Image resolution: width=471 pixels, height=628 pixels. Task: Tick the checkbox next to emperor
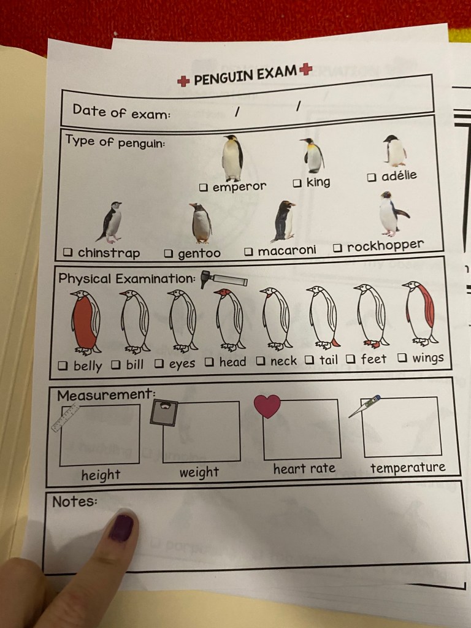pos(204,187)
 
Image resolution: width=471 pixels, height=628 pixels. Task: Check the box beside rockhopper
pos(338,248)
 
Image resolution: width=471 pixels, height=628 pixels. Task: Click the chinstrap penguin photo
pos(109,222)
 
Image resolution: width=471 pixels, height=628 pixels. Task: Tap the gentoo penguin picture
pos(201,223)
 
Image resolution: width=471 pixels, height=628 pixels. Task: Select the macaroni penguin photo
pos(284,221)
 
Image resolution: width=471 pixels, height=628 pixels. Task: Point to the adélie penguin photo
pos(395,151)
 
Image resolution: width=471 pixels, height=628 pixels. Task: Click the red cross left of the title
pos(183,82)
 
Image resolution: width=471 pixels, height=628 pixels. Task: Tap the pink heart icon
pos(267,406)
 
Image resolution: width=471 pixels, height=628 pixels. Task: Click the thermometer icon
pos(364,406)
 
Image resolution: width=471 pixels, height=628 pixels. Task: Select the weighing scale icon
pos(164,413)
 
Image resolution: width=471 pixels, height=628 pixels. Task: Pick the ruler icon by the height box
pos(65,418)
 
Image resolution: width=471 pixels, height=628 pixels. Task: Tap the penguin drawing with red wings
pos(420,313)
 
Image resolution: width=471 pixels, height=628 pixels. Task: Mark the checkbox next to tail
pos(309,359)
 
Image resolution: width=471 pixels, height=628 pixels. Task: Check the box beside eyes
pos(159,363)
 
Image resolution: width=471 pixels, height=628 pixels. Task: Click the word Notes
pos(74,502)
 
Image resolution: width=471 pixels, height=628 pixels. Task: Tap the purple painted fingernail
pos(121,527)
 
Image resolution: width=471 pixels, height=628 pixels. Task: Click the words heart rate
pos(304,469)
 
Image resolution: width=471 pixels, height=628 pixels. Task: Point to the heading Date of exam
pos(121,112)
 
